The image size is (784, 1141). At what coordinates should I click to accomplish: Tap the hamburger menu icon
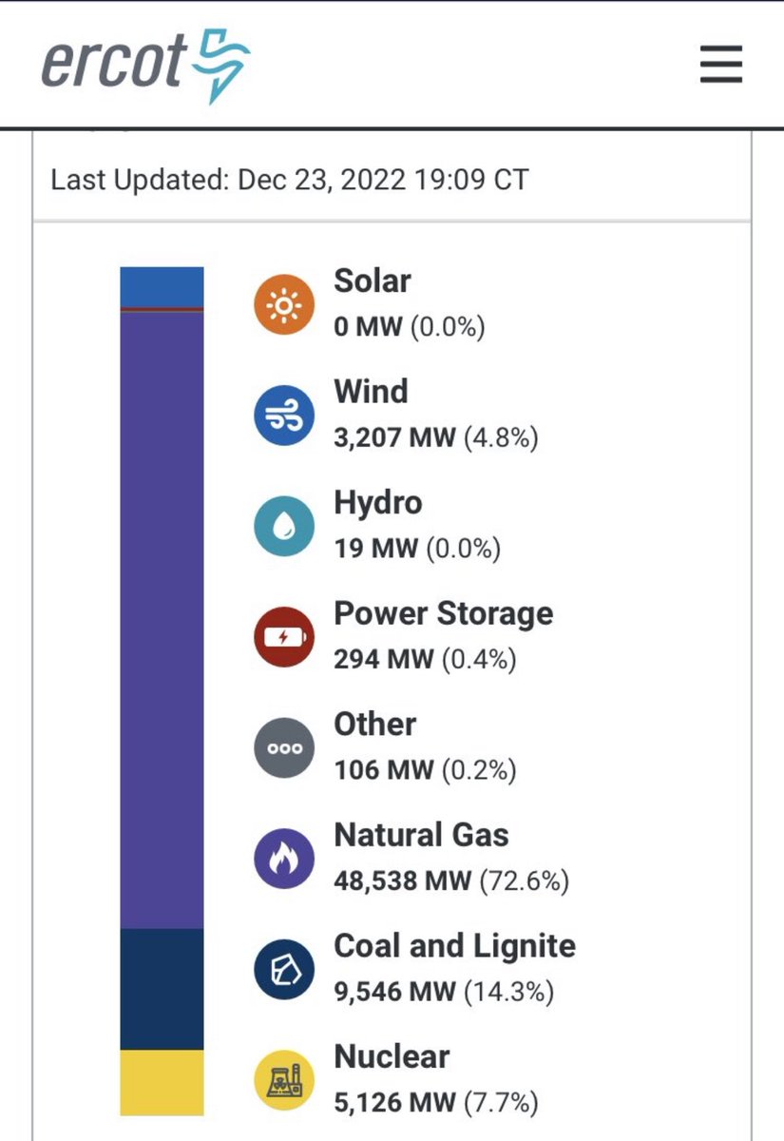720,65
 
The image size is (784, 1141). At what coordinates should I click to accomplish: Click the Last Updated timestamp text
289,179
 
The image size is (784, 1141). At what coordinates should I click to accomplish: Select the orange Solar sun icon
283,304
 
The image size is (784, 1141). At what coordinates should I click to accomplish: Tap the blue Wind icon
283,416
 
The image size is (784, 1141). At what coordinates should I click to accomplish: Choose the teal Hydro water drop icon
283,526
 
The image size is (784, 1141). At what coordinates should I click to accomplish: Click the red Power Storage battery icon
283,637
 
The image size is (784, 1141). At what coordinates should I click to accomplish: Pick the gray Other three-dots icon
283,748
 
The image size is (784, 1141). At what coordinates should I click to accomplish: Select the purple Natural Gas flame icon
283,859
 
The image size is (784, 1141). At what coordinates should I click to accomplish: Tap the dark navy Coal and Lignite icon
283,970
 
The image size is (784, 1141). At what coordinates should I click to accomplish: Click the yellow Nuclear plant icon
283,1081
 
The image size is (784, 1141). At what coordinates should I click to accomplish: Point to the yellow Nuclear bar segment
162,1082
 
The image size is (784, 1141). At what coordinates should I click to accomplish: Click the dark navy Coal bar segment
162,989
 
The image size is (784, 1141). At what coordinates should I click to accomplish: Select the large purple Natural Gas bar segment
162,618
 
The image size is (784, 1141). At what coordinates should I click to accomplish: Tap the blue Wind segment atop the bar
162,286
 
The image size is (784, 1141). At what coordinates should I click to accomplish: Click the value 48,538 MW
402,880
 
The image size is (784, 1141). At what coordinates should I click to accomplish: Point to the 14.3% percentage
508,992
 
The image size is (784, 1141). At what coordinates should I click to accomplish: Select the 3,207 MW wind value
394,438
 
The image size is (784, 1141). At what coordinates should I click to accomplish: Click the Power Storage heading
443,613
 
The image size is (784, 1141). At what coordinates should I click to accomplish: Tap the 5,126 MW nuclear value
394,1103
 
